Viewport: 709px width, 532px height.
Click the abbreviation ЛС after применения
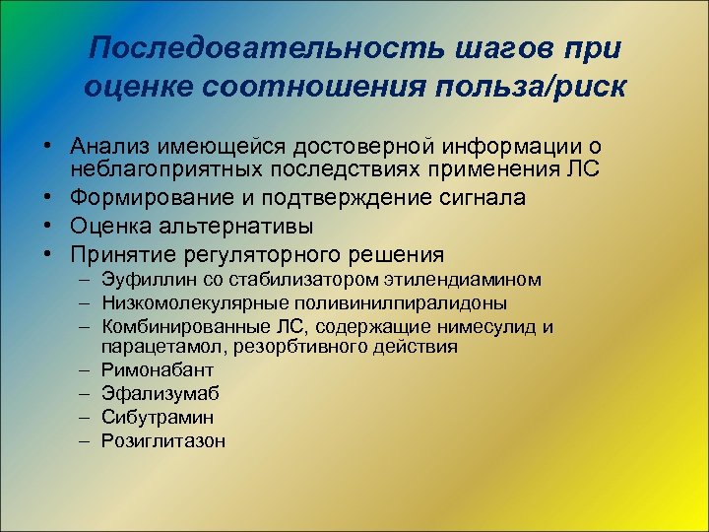[581, 168]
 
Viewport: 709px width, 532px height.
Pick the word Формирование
[145, 197]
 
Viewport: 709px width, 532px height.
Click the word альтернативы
[222, 225]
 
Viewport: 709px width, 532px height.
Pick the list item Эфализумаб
[161, 394]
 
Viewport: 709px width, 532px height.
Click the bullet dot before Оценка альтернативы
[47, 225]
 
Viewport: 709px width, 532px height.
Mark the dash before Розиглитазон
[87, 441]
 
